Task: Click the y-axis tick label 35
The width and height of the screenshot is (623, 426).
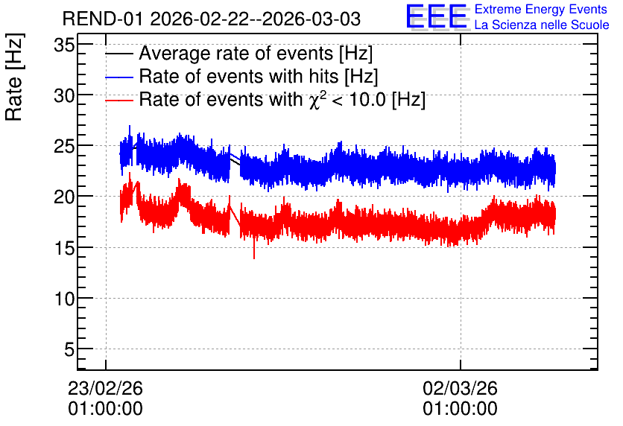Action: click(64, 45)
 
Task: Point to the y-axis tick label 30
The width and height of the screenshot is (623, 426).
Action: click(64, 95)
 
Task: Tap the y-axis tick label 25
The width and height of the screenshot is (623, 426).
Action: click(64, 147)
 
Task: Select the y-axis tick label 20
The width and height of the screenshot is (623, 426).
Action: click(64, 197)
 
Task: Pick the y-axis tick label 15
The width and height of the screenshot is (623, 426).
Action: click(64, 248)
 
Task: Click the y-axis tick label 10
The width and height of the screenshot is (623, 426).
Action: click(64, 299)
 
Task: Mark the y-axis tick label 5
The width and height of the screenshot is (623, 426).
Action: click(69, 350)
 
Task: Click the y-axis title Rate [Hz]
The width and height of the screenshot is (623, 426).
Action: click(14, 77)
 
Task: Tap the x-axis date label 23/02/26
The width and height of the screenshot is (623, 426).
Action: click(105, 388)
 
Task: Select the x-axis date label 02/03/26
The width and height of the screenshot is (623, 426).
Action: click(460, 388)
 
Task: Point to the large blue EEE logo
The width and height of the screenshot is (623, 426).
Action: click(437, 16)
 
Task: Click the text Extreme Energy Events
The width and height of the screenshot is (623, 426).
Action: click(541, 9)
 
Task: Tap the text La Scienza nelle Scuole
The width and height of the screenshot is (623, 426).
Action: click(542, 25)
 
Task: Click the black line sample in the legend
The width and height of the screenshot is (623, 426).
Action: click(119, 54)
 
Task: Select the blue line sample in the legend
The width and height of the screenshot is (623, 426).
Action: click(119, 77)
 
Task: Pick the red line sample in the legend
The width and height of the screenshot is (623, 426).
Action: click(119, 101)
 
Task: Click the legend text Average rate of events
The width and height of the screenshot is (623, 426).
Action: click(236, 53)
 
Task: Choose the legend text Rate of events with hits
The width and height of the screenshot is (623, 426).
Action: click(238, 76)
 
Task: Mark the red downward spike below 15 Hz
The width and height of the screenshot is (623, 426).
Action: click(254, 249)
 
